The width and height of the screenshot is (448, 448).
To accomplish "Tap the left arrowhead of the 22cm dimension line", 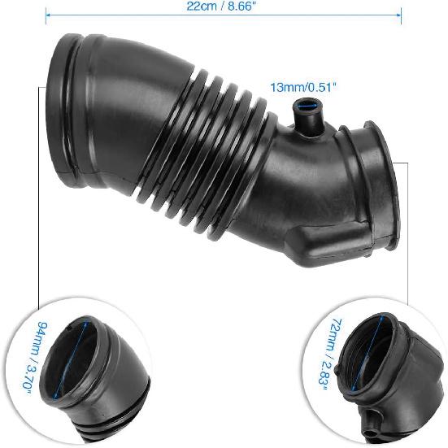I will tap(47, 13).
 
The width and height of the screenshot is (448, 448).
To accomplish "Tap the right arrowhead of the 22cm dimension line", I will tap(400, 13).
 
